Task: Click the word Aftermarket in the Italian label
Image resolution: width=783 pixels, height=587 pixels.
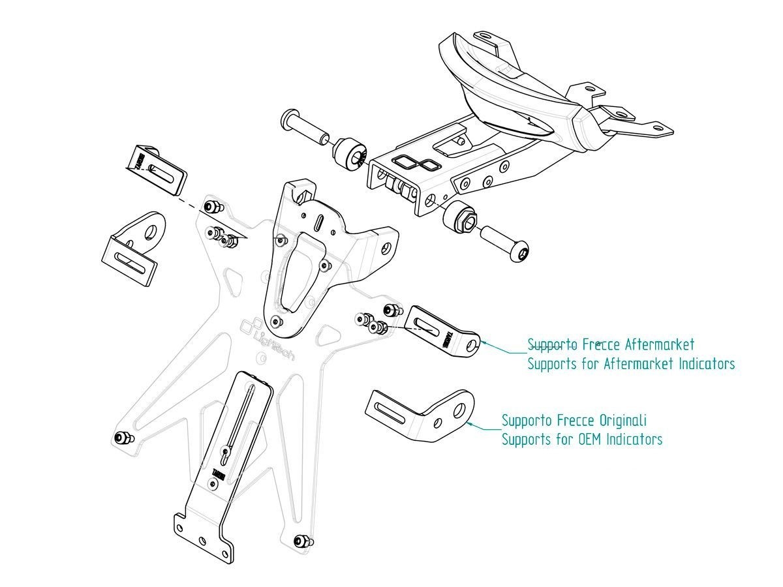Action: pos(659,344)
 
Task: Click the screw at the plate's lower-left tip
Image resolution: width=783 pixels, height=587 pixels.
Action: pos(121,438)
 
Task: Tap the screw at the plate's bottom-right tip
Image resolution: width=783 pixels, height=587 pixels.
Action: pos(301,541)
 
